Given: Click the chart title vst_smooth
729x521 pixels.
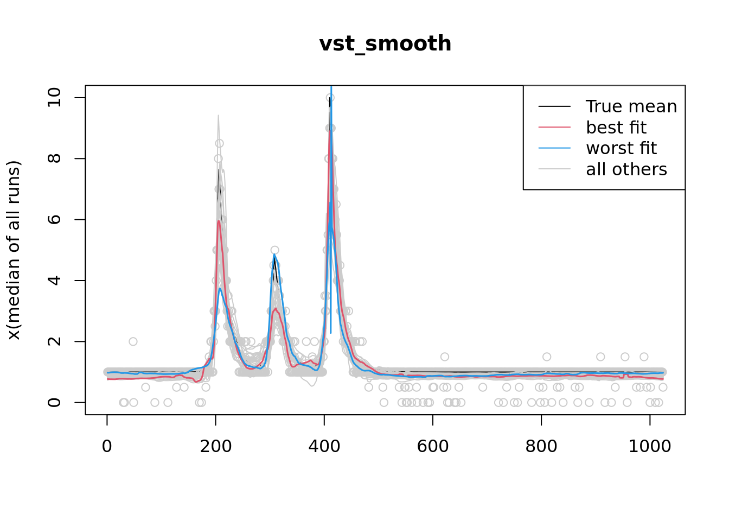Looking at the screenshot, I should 385,44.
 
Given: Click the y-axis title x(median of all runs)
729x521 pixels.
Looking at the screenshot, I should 14,250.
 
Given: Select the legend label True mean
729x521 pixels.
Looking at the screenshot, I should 631,106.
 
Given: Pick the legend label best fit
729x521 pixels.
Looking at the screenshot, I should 616,128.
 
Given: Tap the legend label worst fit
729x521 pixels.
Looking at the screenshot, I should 621,148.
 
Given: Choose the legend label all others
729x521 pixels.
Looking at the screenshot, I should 626,169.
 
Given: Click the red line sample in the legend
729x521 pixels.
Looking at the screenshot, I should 554,128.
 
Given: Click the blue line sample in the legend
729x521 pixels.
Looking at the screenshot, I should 554,148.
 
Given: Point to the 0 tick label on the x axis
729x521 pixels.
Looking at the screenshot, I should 107,446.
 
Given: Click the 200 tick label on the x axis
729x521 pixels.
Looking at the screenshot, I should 215,446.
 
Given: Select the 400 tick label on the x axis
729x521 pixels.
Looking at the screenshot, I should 324,446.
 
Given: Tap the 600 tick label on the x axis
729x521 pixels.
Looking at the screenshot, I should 432,446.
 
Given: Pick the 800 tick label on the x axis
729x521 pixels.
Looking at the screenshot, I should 541,446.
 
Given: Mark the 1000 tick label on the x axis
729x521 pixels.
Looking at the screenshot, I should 649,446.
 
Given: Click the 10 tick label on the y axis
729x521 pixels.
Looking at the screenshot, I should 54,98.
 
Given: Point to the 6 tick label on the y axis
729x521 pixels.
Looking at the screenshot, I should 54,219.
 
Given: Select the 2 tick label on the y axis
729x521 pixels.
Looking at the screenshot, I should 54,341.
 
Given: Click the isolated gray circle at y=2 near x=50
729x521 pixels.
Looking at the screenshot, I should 133,341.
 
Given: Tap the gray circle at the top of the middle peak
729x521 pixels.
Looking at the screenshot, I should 274,250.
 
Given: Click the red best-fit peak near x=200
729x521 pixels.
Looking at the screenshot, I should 218,221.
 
